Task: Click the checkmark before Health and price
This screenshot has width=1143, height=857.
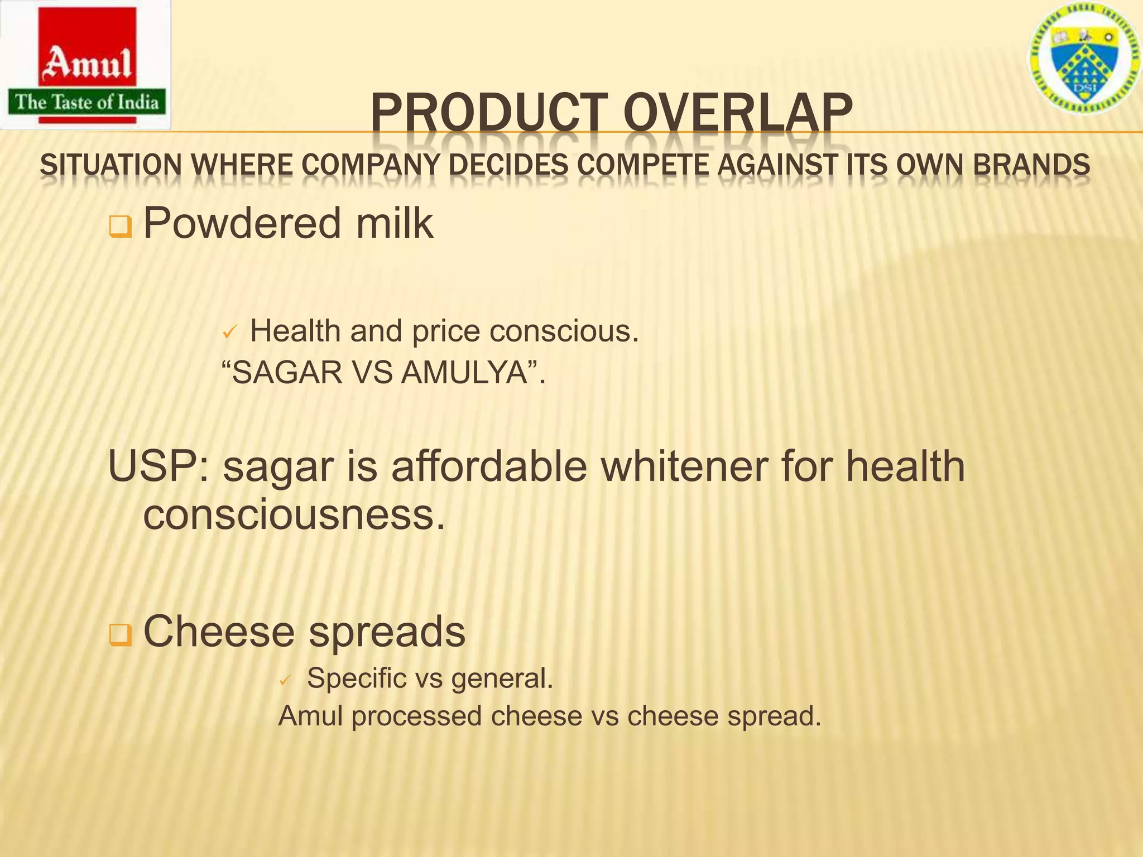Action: pos(230,333)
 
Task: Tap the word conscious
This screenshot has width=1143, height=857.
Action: pos(563,331)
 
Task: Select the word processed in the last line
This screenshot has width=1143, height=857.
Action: pos(416,716)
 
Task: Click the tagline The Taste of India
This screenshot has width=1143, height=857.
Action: pos(87,102)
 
